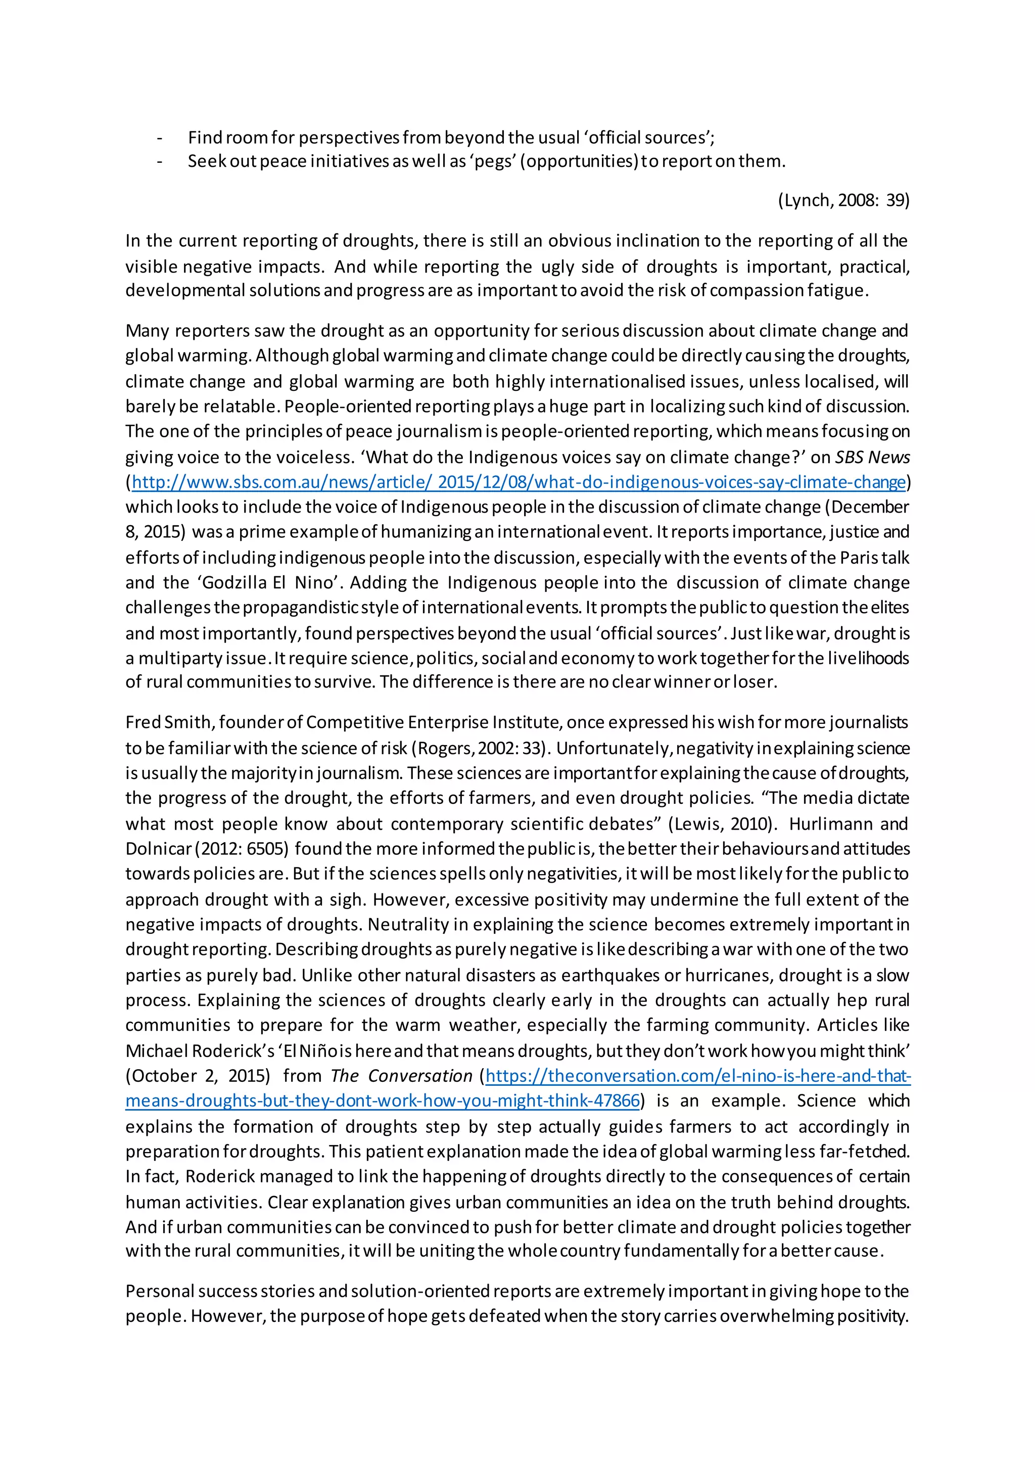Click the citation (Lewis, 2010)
click(722, 824)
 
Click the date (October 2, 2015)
click(198, 1076)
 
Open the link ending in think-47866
click(383, 1101)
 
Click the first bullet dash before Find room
click(159, 138)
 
